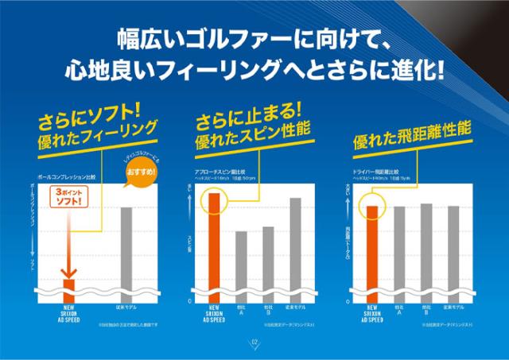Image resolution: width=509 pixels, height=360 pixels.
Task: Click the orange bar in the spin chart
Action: [x=214, y=246]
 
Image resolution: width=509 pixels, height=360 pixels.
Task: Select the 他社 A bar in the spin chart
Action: [x=241, y=265]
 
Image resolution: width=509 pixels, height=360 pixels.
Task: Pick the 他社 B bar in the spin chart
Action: [x=268, y=263]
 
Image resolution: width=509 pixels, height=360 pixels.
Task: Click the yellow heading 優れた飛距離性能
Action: [x=412, y=136]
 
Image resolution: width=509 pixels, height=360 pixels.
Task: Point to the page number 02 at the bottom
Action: [x=255, y=343]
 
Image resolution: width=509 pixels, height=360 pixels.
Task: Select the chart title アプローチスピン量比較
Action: [x=219, y=171]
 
